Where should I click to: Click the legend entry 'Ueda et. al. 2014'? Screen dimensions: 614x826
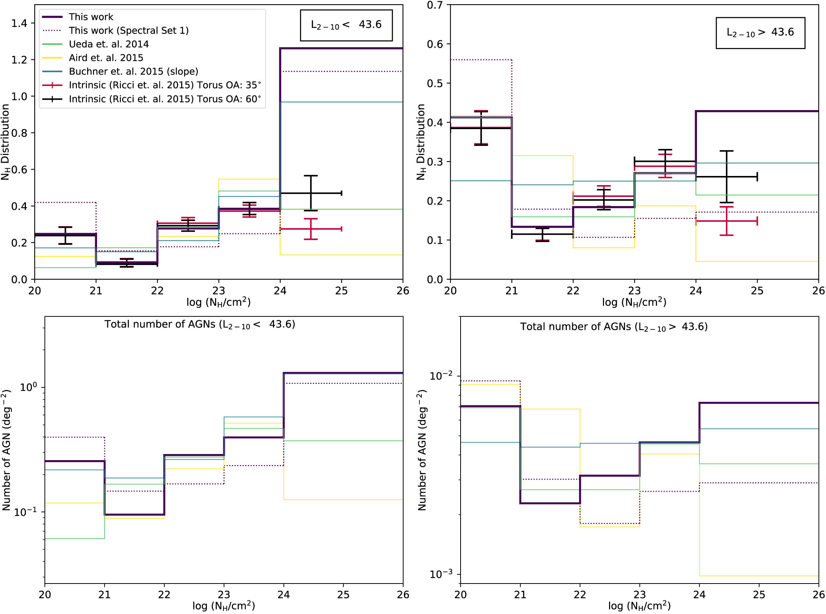[x=108, y=44]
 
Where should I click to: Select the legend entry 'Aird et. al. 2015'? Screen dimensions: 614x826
[x=106, y=58]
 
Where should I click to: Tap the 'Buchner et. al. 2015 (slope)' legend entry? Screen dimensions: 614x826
[x=133, y=72]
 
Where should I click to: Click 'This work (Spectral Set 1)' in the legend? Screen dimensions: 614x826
[x=128, y=30]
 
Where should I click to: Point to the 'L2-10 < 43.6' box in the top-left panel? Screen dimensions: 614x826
[x=346, y=25]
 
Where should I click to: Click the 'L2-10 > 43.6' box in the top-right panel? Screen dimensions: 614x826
[x=760, y=33]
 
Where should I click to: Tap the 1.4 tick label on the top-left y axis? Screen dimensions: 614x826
[x=19, y=24]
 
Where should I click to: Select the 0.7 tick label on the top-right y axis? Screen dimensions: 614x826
[x=435, y=5]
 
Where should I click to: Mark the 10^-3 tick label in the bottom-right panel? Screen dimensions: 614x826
[x=441, y=574]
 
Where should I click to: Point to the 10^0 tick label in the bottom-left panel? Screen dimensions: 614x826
[x=29, y=387]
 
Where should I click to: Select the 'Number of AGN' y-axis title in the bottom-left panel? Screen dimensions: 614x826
[x=6, y=449]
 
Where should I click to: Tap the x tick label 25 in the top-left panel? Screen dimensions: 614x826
[x=341, y=291]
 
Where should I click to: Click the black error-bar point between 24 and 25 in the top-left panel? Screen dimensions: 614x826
[x=311, y=193]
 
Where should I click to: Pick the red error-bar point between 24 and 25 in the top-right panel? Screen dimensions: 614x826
[x=726, y=221]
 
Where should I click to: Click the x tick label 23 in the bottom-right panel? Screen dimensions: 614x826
[x=639, y=595]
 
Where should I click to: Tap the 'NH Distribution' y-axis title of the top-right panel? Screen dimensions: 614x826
[x=421, y=142]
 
